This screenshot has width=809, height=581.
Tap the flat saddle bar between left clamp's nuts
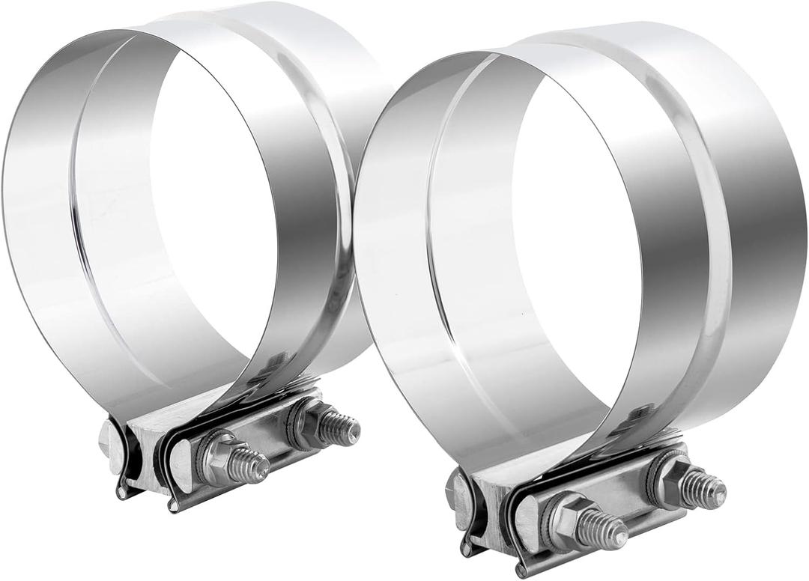coord(266,442)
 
